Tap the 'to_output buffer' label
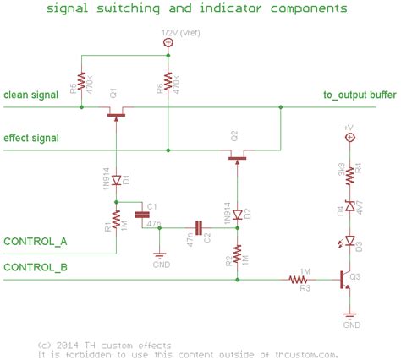358,95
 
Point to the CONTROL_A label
36,242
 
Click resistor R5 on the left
82,81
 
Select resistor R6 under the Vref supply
168,81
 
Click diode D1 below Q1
115,178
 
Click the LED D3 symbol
348,243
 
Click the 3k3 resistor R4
348,172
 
